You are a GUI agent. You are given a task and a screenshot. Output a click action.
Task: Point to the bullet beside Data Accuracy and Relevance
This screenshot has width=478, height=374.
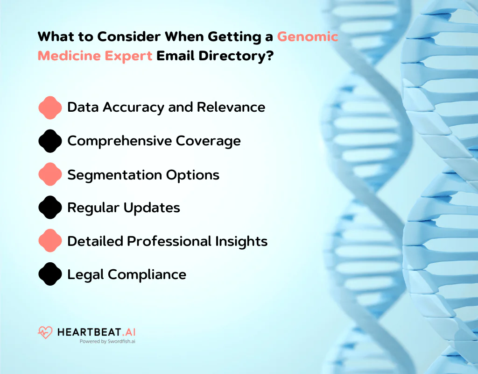[50, 108]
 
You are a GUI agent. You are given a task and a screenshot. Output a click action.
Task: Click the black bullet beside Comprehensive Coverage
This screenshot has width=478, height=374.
[50, 141]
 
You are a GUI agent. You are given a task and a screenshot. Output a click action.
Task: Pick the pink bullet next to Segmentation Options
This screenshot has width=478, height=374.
[50, 174]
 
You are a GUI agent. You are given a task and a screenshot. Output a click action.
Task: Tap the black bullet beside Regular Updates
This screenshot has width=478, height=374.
[50, 208]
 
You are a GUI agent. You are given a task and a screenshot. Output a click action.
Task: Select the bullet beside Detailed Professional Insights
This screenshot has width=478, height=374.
[50, 241]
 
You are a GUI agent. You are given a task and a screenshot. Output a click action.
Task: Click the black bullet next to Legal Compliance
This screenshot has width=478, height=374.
[50, 274]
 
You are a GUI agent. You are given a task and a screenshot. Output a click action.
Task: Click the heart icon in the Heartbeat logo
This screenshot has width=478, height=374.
[45, 333]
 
